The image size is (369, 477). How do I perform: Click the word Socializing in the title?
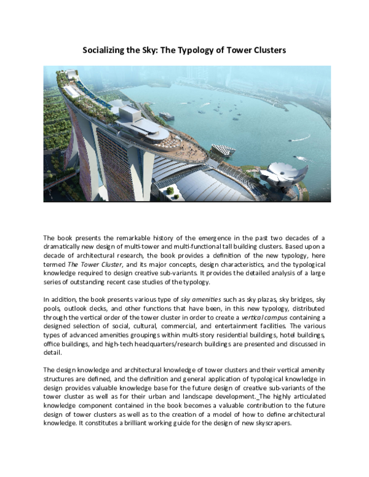point(105,50)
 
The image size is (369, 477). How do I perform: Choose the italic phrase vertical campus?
point(255,318)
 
